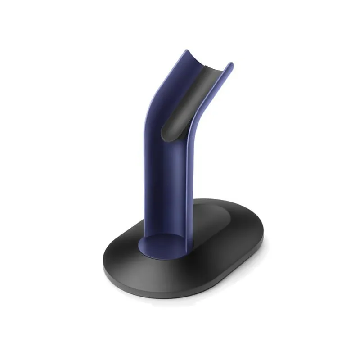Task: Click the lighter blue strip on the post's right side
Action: click(189, 180)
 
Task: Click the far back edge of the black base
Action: click(225, 201)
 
